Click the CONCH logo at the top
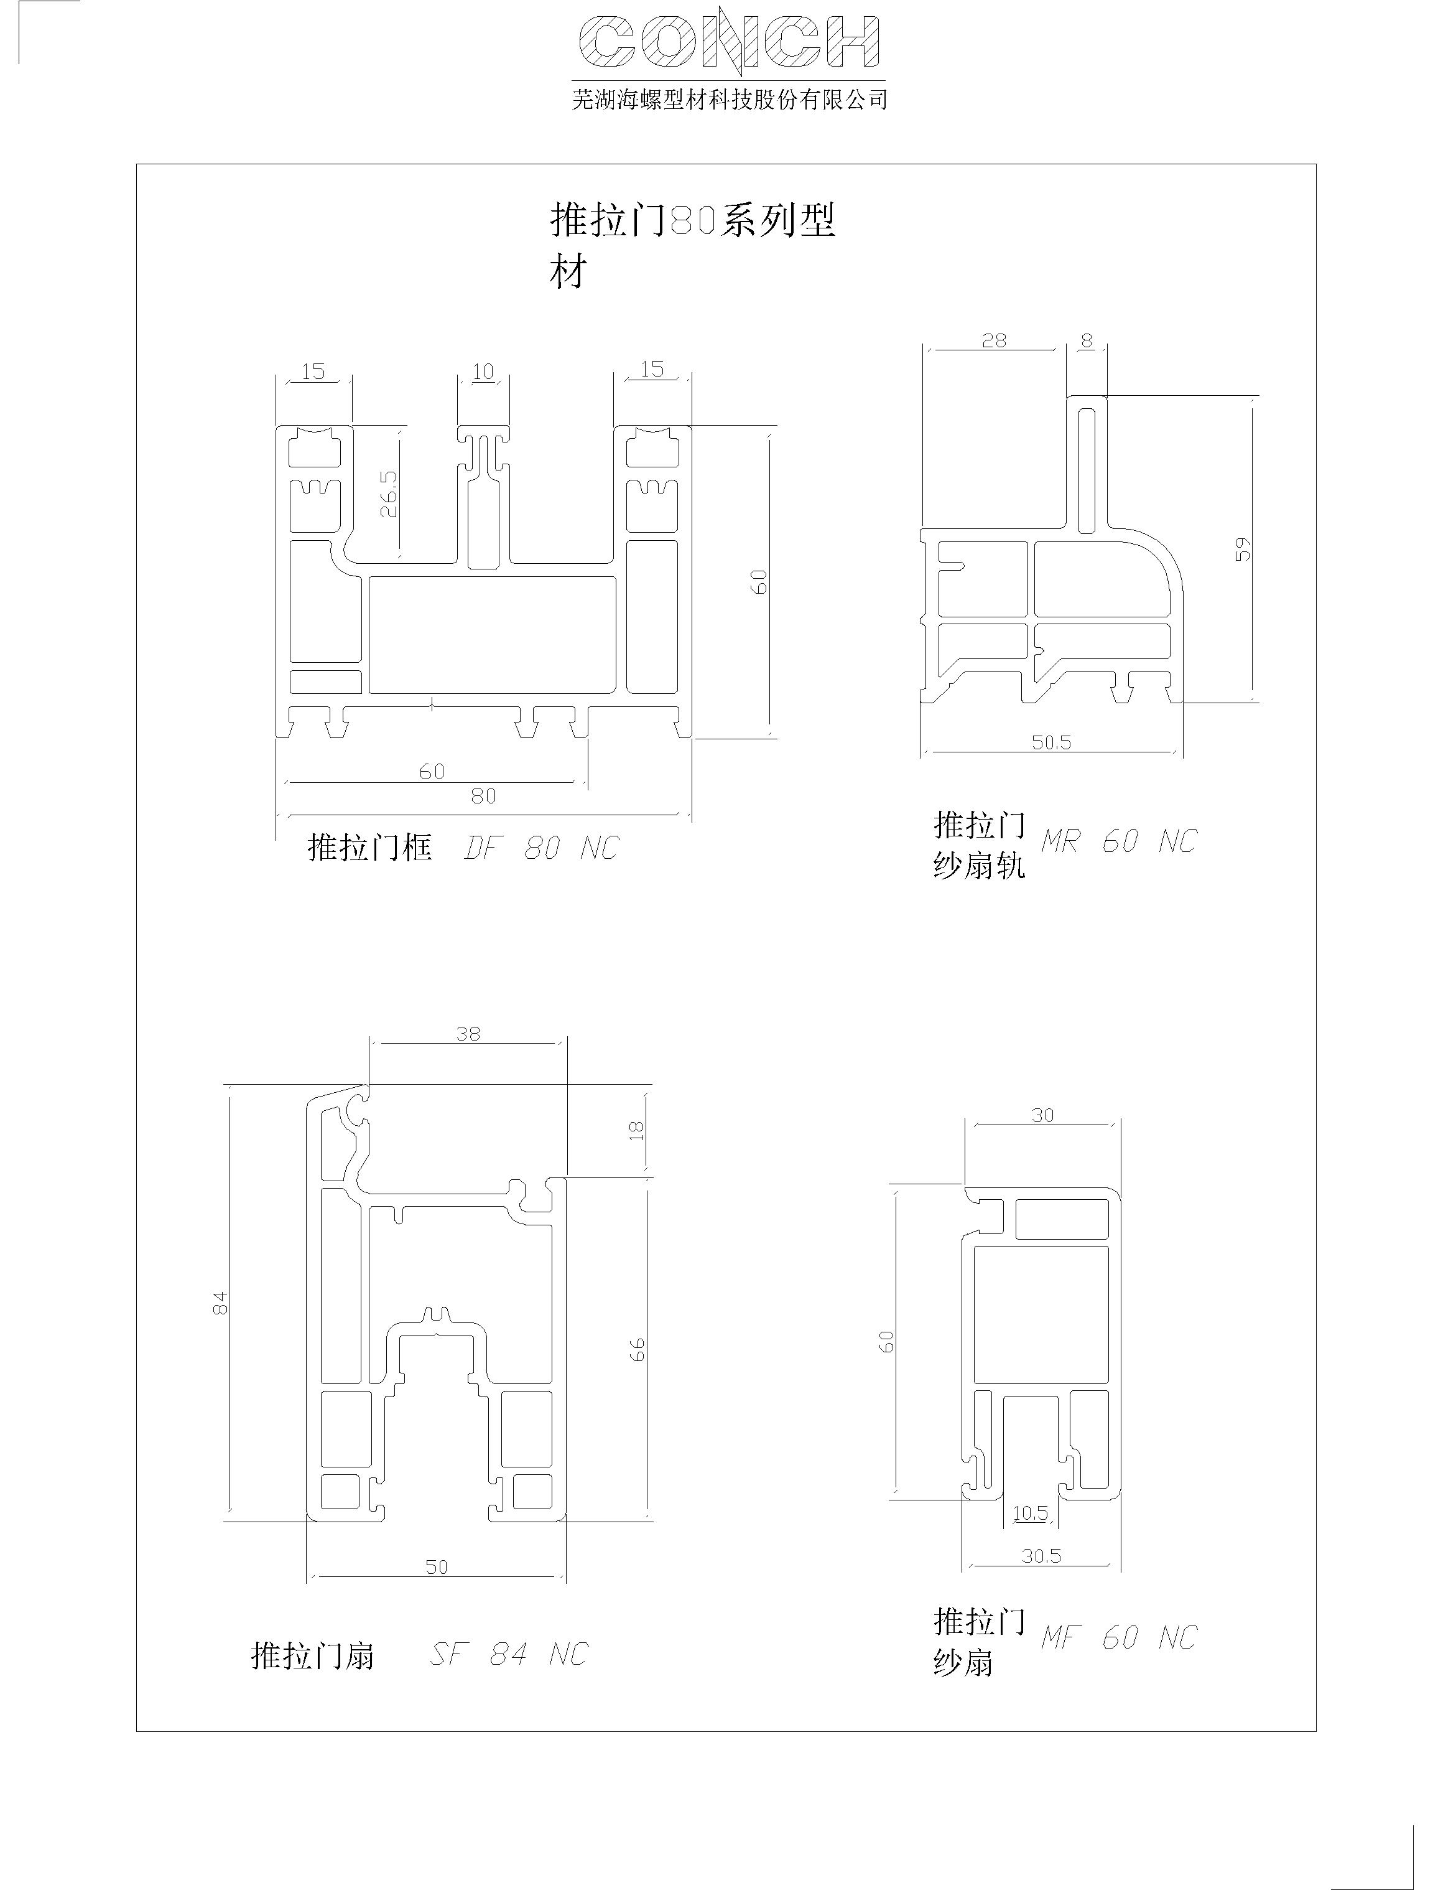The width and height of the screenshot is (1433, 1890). pyautogui.click(x=730, y=42)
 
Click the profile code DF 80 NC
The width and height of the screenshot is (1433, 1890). pyautogui.click(x=540, y=848)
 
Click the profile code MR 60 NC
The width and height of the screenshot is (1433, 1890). pyautogui.click(x=1119, y=841)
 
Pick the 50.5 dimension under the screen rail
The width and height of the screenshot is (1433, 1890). pyautogui.click(x=1051, y=742)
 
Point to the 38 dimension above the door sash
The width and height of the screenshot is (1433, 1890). pyautogui.click(x=468, y=1033)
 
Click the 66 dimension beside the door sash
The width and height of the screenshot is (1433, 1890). pyautogui.click(x=637, y=1349)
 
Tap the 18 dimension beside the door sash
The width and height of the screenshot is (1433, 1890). pyautogui.click(x=636, y=1130)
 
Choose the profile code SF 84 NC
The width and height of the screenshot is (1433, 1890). pyautogui.click(x=509, y=1654)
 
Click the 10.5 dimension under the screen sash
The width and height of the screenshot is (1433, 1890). pyautogui.click(x=1030, y=1513)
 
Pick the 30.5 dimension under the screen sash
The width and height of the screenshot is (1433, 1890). pyautogui.click(x=1041, y=1555)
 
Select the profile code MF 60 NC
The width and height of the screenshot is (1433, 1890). pyautogui.click(x=1119, y=1637)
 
